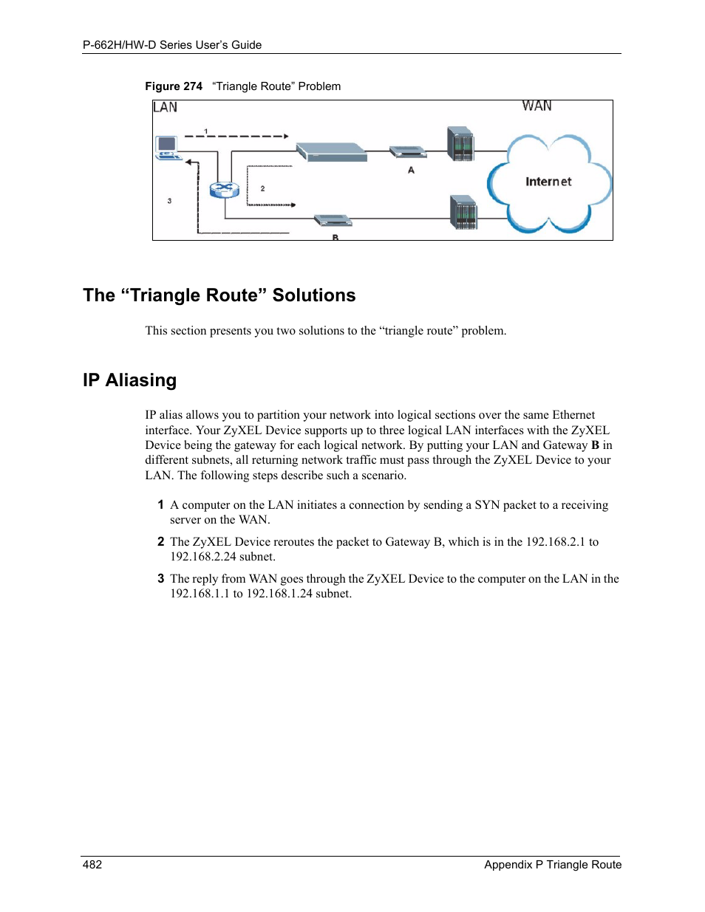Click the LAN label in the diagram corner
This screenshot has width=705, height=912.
pyautogui.click(x=165, y=107)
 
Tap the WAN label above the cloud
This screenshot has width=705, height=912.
pyautogui.click(x=537, y=106)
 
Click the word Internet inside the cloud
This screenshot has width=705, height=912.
pyautogui.click(x=548, y=182)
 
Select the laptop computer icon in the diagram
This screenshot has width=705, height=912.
pyautogui.click(x=168, y=148)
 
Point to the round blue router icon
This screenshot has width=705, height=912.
pyautogui.click(x=224, y=190)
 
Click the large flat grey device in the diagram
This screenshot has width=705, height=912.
pyautogui.click(x=332, y=151)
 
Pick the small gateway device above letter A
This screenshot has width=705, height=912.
pyautogui.click(x=408, y=152)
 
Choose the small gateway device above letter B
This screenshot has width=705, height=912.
pyautogui.click(x=332, y=220)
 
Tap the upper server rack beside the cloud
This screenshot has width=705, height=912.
pyautogui.click(x=460, y=144)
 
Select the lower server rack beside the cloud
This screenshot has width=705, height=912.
pyautogui.click(x=463, y=213)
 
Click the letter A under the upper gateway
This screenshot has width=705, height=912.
pyautogui.click(x=411, y=171)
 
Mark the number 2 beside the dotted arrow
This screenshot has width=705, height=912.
pyautogui.click(x=262, y=189)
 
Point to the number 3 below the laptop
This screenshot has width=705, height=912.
pyautogui.click(x=169, y=201)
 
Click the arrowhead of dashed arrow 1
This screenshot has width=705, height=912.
pyautogui.click(x=285, y=136)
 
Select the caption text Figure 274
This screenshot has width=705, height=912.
pyautogui.click(x=174, y=86)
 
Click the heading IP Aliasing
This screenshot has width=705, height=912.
pyautogui.click(x=130, y=380)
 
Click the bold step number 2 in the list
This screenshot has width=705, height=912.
pyautogui.click(x=160, y=542)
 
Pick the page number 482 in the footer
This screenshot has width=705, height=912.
pyautogui.click(x=92, y=865)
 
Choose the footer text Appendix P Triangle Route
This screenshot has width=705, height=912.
pyautogui.click(x=553, y=865)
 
